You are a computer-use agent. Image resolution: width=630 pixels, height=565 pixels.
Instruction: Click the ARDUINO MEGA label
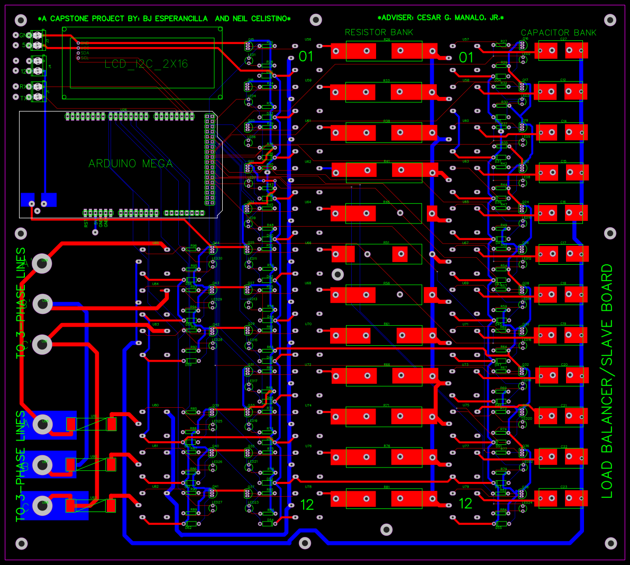click(130, 164)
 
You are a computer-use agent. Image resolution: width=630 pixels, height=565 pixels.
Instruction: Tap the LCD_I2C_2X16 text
click(146, 64)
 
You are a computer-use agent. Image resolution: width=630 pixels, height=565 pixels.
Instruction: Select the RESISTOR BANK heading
click(379, 32)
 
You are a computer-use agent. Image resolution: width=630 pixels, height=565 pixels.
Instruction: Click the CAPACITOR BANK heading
click(558, 33)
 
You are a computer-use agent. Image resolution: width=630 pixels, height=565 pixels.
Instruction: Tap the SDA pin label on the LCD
click(85, 53)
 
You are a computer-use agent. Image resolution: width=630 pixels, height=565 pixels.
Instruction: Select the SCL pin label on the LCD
click(85, 58)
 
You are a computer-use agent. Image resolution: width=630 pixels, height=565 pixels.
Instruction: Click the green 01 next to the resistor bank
click(306, 57)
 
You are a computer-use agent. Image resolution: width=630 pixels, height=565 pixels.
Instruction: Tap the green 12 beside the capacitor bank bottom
click(465, 504)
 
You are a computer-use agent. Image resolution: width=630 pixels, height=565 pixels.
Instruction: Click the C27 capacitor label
click(563, 39)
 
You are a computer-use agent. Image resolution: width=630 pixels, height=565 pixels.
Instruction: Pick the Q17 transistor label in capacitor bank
click(525, 80)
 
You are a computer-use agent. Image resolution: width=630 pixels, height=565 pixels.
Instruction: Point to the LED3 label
click(526, 96)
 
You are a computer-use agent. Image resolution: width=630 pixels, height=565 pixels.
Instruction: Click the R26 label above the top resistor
click(387, 40)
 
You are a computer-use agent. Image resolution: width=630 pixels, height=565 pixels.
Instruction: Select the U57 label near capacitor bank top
click(465, 40)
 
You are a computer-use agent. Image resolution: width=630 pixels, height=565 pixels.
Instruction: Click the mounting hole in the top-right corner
click(610, 21)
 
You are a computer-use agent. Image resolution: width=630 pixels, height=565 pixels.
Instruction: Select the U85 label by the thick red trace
click(156, 243)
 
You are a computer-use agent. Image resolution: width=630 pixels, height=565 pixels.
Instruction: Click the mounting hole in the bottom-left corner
click(21, 543)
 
